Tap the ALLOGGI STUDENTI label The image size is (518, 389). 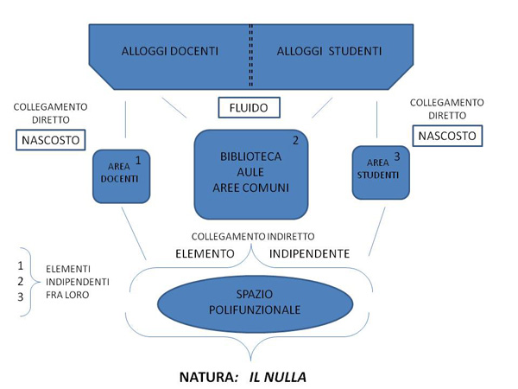[329, 52]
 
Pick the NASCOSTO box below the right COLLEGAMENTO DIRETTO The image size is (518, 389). [446, 135]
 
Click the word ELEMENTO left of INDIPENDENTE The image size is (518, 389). [205, 254]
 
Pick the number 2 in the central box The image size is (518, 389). [295, 141]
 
